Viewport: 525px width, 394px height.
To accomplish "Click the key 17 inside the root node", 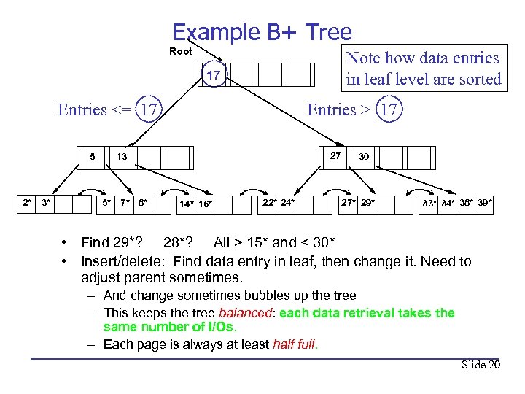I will point(214,75).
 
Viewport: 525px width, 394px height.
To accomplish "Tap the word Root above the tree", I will point(181,51).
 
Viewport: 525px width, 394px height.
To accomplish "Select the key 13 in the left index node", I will point(122,156).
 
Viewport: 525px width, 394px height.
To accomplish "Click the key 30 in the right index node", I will point(364,156).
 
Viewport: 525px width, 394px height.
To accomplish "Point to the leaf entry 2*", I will point(27,202).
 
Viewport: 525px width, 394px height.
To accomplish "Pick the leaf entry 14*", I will point(187,204).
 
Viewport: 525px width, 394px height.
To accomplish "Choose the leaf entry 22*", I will point(270,202).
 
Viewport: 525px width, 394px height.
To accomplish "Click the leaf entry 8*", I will point(142,202).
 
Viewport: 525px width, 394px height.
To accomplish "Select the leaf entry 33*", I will point(430,203).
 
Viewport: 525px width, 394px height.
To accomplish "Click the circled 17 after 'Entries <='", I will point(149,110).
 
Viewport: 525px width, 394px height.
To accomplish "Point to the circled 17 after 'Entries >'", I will point(389,110).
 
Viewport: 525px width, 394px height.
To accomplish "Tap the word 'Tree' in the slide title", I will point(329,32).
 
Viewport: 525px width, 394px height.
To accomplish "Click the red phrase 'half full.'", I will point(295,344).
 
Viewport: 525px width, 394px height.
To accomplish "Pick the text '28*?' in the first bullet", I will point(178,242).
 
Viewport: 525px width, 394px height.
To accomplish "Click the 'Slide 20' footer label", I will point(481,365).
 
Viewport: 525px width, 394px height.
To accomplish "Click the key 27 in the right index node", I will point(335,155).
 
